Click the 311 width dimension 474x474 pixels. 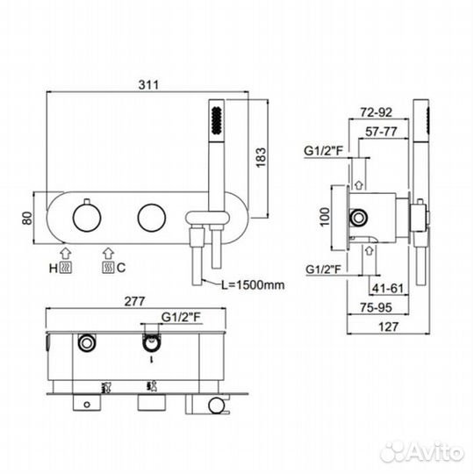[x=148, y=85]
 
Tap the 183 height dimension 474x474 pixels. [x=261, y=157]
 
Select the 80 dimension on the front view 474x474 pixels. [x=27, y=218]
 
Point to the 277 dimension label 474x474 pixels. [x=135, y=301]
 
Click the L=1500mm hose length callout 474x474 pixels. [x=253, y=285]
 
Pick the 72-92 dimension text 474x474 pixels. [x=376, y=112]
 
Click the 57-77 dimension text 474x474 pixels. [x=381, y=132]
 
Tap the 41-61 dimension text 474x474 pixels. [x=388, y=289]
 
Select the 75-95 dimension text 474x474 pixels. [x=376, y=308]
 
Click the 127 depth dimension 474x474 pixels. [x=389, y=327]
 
